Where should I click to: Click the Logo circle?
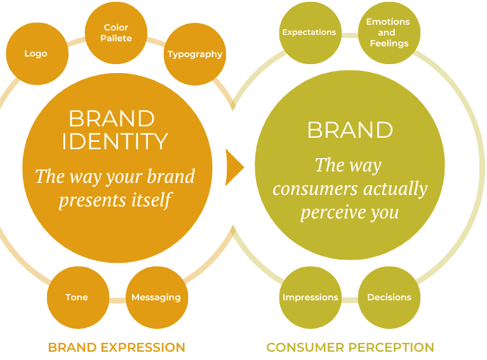36,54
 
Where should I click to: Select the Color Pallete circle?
116,33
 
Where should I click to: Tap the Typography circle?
195,55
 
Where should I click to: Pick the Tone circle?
77,297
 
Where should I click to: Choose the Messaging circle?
156,297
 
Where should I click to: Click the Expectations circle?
309,32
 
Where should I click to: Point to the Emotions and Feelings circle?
388,32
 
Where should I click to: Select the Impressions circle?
310,297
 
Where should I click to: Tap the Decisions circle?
389,297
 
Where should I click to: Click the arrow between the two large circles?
234,167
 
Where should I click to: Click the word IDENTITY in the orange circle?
115,141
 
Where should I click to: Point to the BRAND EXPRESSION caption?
117,347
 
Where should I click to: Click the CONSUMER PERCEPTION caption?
350,347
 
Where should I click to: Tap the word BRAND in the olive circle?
350,130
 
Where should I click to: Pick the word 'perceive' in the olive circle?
330,212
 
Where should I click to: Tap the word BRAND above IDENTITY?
112,119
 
